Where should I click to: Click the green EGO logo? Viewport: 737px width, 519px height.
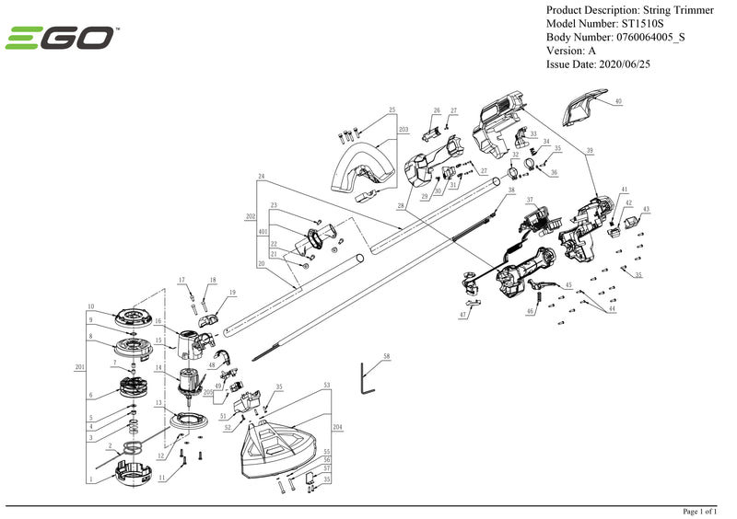pos(61,39)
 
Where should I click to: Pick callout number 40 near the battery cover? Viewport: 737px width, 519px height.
pos(618,100)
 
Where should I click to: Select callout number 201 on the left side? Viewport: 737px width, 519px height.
pos(79,366)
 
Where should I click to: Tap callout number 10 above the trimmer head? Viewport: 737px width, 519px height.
pos(91,306)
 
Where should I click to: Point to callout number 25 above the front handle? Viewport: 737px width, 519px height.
pos(392,110)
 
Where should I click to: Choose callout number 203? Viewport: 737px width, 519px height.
pos(403,131)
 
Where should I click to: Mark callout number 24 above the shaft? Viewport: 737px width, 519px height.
pos(262,176)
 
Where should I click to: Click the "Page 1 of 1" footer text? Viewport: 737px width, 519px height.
pos(699,512)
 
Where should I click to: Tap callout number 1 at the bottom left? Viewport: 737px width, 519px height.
pos(91,479)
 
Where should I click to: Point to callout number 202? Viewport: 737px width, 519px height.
pos(251,218)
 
